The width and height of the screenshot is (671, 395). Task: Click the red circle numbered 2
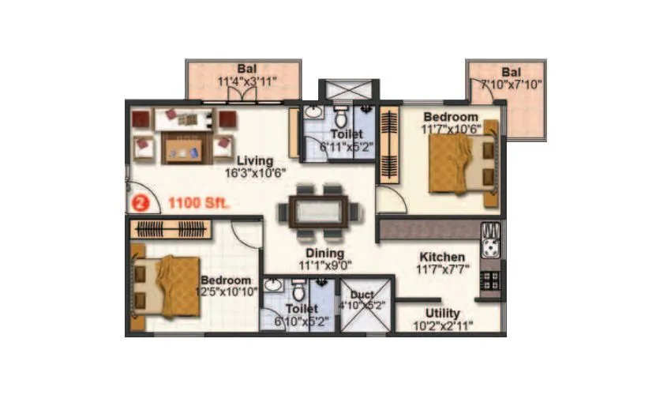(140, 203)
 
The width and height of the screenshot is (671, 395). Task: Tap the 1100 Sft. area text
(198, 203)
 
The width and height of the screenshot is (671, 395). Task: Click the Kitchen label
(441, 258)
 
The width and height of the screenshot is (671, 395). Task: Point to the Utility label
(443, 313)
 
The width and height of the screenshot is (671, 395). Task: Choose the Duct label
(362, 295)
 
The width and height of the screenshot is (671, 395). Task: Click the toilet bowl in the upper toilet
(340, 119)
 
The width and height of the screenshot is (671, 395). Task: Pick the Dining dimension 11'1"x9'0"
(324, 266)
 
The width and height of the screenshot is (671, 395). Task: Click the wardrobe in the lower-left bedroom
(171, 229)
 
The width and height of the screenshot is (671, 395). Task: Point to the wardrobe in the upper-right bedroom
(390, 147)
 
